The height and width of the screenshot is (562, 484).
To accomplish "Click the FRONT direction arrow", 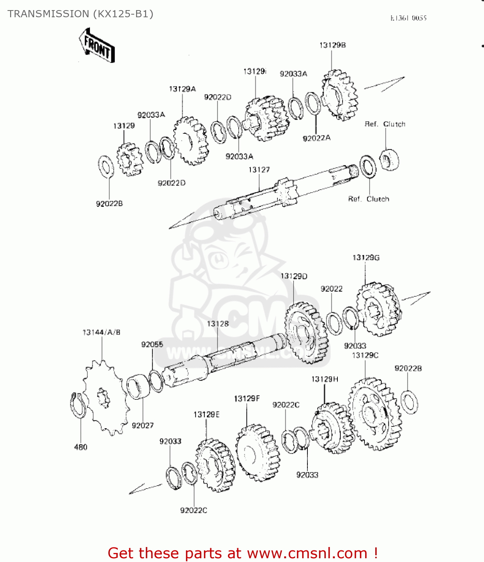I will tap(97, 45).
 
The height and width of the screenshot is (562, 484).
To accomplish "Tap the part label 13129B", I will tap(332, 45).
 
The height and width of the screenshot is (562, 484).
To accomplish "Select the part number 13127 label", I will tap(259, 170).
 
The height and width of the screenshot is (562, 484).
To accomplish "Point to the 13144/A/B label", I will tap(101, 332).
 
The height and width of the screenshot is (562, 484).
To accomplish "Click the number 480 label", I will tap(81, 447).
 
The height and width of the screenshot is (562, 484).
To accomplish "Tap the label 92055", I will tap(152, 344).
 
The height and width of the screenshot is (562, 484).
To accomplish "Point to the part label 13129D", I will tap(294, 276).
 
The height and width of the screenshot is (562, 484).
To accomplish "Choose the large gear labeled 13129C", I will tap(374, 414).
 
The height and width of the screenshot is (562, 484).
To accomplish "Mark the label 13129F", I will tap(247, 399).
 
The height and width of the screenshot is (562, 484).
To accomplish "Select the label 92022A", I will tap(316, 138).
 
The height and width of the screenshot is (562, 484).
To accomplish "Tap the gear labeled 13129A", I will tap(190, 141).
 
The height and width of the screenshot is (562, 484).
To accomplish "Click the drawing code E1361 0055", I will tap(408, 18).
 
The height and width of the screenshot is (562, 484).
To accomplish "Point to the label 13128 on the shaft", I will tap(218, 324).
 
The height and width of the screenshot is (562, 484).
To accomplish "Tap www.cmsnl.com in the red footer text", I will tap(307, 553).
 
